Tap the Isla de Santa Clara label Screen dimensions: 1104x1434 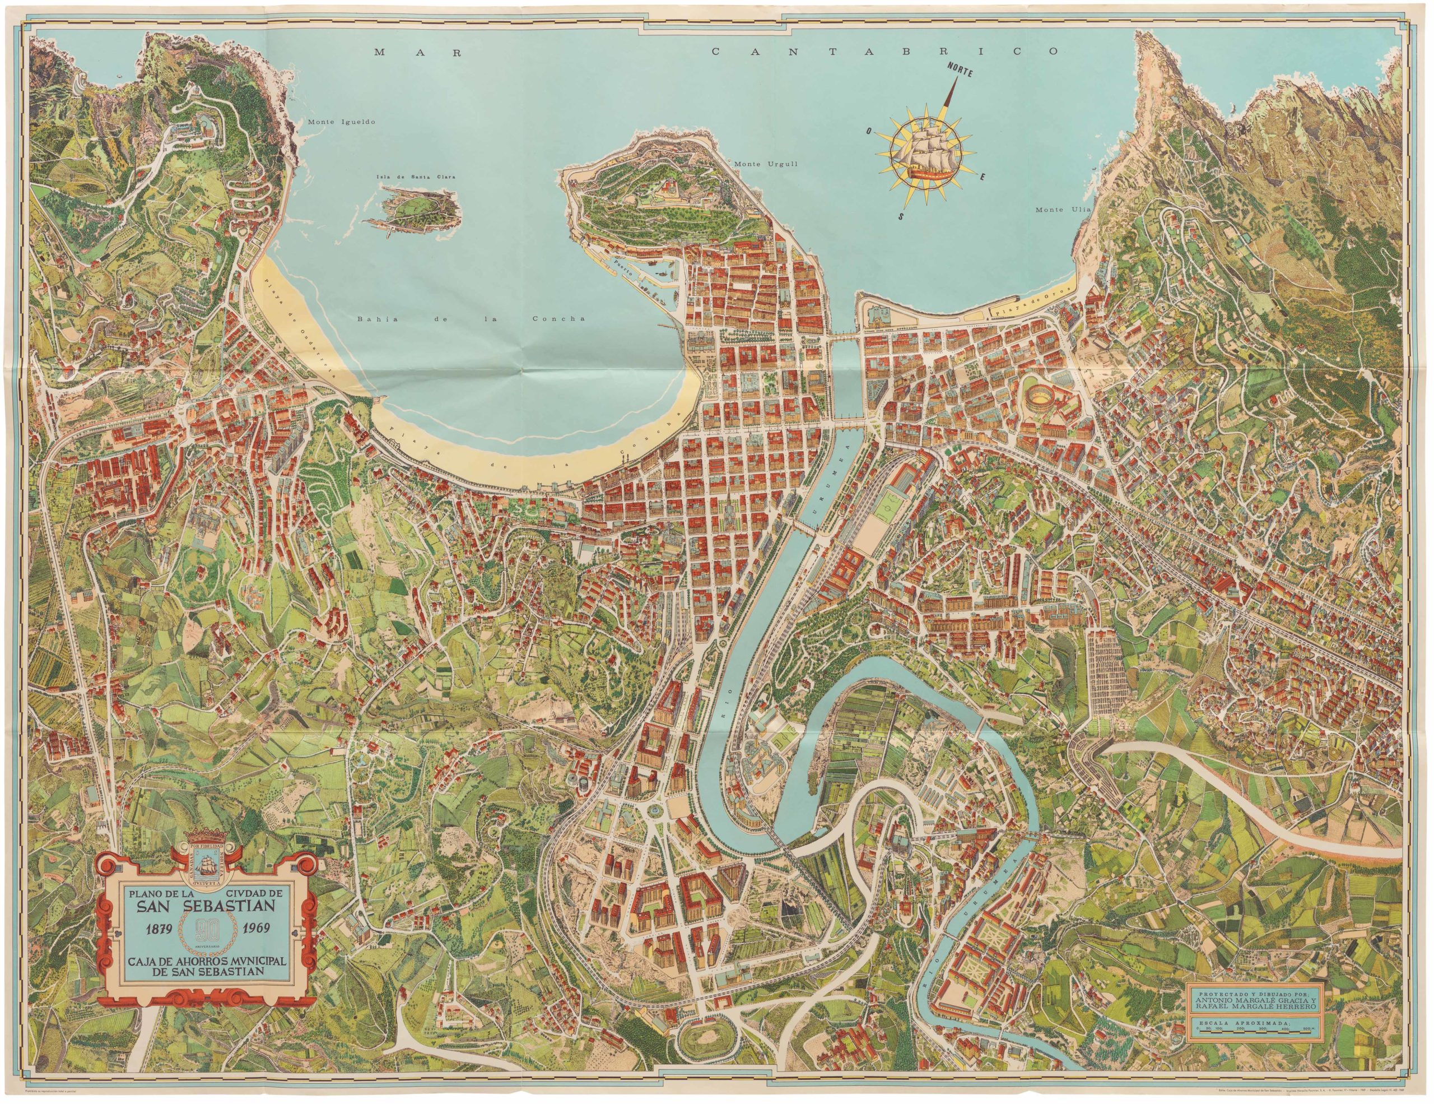pyautogui.click(x=407, y=177)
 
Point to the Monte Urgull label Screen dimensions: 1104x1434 pyautogui.click(x=766, y=164)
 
